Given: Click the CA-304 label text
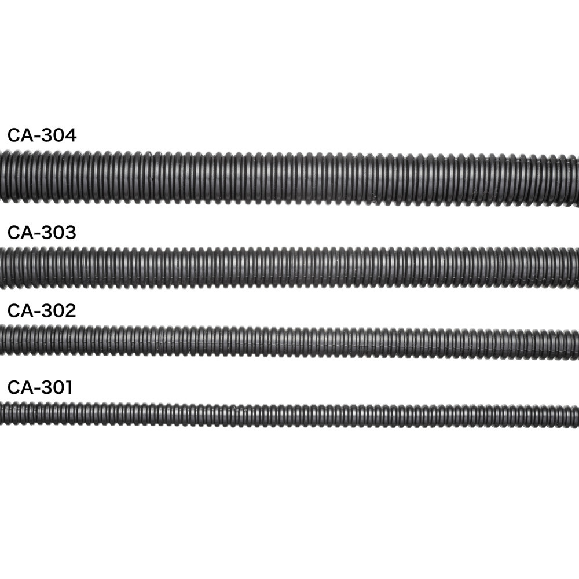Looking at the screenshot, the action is click(42, 135).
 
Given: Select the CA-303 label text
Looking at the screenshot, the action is click(42, 233).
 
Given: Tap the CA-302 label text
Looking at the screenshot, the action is click(42, 310).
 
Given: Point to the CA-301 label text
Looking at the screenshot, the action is click(40, 387).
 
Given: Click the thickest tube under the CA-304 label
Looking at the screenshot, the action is click(289, 177).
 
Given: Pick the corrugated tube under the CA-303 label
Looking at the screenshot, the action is click(289, 267).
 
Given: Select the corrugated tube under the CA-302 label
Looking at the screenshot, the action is click(289, 342).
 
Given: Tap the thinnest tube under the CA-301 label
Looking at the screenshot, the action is click(289, 416).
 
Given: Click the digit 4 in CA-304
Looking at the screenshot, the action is click(70, 135).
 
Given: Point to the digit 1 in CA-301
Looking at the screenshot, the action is click(68, 387).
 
